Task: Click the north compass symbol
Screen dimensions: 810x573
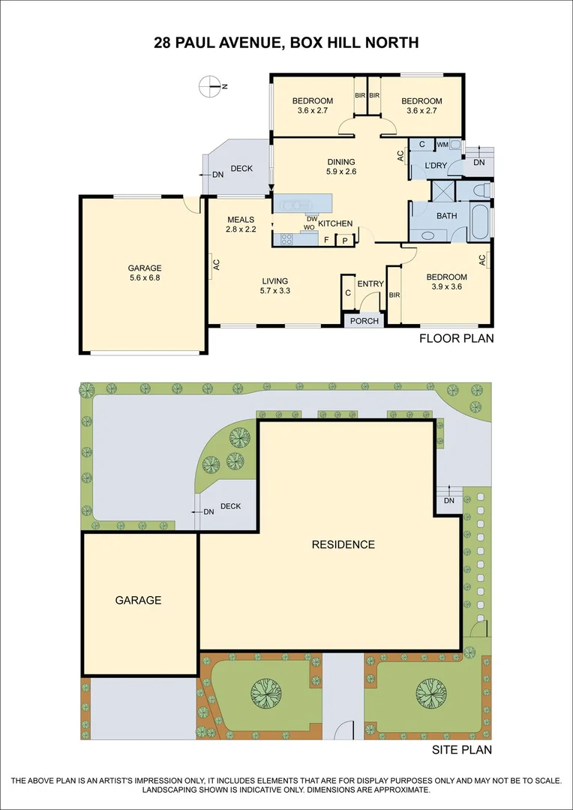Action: [x=211, y=86]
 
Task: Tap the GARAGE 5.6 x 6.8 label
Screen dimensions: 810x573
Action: [x=145, y=272]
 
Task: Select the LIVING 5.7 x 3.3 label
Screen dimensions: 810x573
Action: [x=274, y=286]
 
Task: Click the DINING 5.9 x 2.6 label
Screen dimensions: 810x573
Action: [x=340, y=166]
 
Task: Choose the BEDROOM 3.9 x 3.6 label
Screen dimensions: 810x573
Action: [x=448, y=281]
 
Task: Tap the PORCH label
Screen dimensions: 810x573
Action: [x=364, y=321]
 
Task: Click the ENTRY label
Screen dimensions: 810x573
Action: [x=370, y=283]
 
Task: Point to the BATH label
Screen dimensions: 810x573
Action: [x=447, y=216]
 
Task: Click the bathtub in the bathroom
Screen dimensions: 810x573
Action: [x=480, y=222]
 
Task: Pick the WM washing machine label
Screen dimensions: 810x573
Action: [x=442, y=144]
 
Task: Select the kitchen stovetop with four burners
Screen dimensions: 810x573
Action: [x=286, y=239]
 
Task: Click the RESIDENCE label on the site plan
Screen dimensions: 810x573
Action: [x=343, y=544]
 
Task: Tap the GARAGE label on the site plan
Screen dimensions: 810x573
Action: [x=138, y=600]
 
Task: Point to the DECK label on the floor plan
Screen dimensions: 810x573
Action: [x=241, y=169]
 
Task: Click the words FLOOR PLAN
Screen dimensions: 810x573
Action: [x=456, y=338]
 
